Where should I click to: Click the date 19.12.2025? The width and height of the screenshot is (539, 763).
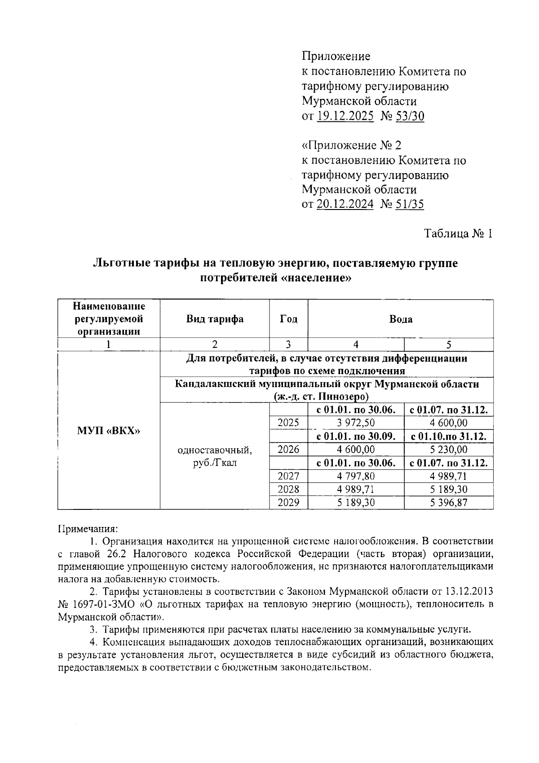click(x=345, y=116)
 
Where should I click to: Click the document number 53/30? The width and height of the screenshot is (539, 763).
click(x=409, y=116)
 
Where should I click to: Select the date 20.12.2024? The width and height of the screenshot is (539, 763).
click(x=345, y=204)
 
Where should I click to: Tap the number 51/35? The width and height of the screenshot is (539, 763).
click(x=409, y=204)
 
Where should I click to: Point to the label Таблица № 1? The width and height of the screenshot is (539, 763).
click(x=459, y=234)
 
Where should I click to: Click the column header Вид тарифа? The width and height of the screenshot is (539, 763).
click(x=215, y=319)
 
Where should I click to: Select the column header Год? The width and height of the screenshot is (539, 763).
click(x=288, y=319)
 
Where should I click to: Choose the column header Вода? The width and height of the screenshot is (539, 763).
click(x=401, y=319)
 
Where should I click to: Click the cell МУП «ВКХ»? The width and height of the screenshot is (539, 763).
click(x=109, y=431)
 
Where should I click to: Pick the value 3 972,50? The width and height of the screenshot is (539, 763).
click(x=356, y=423)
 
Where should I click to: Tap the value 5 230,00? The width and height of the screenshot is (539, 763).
click(x=448, y=450)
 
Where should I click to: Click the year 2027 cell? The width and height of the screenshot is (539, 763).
click(x=288, y=476)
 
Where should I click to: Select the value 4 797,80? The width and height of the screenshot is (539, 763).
click(x=356, y=476)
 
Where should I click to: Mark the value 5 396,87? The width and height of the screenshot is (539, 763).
click(x=448, y=503)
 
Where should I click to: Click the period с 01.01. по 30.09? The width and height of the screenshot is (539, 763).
click(x=356, y=437)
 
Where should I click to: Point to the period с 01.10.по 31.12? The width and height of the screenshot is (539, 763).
click(x=448, y=437)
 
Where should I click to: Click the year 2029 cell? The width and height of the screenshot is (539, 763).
click(x=288, y=503)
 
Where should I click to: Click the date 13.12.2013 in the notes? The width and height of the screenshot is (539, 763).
click(x=469, y=590)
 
